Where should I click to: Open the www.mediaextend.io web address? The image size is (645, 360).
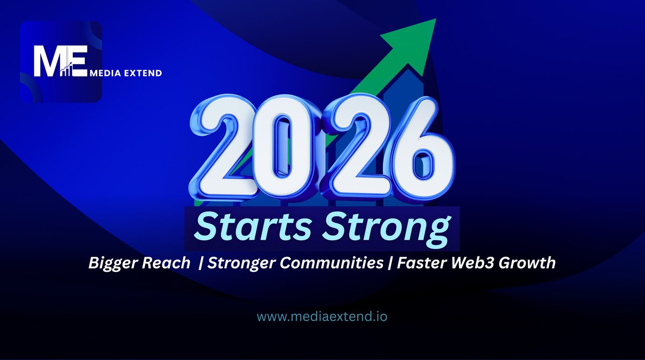(322, 316)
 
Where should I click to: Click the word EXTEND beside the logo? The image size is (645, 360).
(141, 73)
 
